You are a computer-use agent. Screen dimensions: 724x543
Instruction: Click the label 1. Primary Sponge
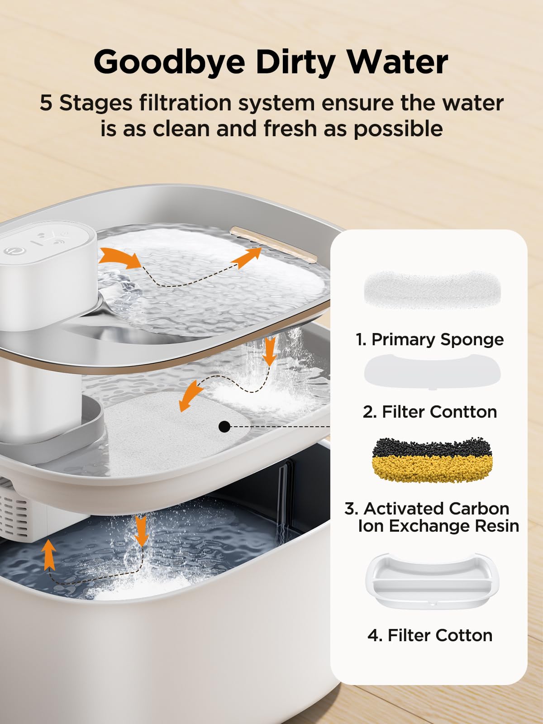[429, 339]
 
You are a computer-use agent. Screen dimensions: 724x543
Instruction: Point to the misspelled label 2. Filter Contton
[429, 412]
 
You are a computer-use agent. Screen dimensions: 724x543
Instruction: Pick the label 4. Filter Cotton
[429, 635]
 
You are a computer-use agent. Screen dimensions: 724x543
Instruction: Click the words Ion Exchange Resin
[438, 526]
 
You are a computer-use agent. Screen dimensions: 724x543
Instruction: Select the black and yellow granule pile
[432, 460]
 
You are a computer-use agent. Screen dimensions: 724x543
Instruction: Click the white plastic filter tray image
[432, 581]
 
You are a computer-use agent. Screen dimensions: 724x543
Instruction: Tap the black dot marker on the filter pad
[224, 426]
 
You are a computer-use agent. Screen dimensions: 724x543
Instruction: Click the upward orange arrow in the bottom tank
[49, 555]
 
